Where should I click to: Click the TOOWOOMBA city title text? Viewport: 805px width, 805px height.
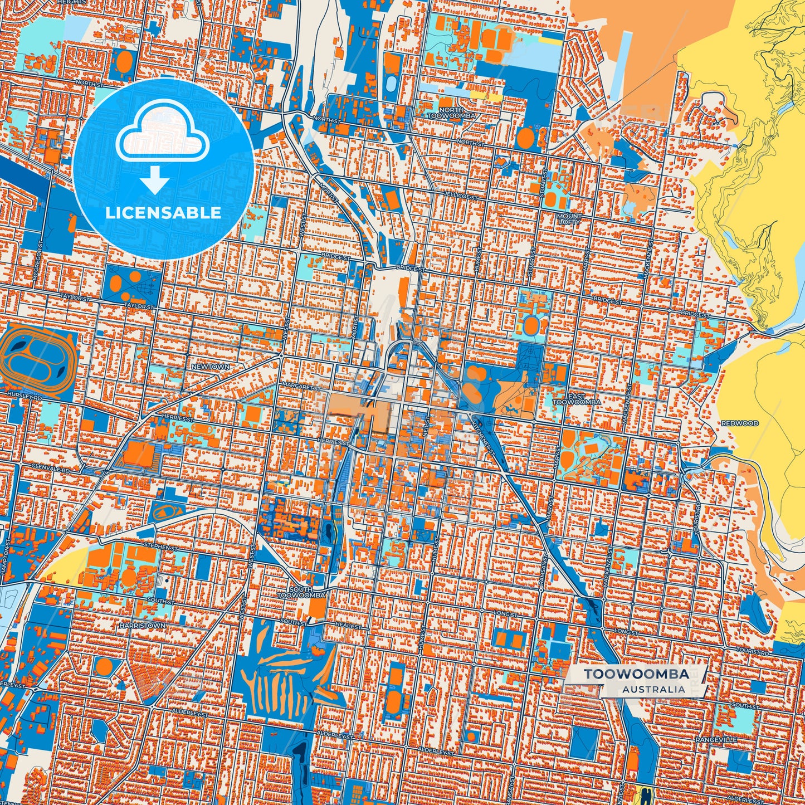coord(636,674)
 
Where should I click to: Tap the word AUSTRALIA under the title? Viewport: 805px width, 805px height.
coord(653,689)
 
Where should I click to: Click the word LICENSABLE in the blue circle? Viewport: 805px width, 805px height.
coord(163,213)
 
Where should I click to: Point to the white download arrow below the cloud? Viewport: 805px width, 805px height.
coord(155,180)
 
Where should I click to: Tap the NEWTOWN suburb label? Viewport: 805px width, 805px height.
coord(210,367)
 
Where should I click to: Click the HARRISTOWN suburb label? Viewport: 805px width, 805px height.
coord(142,626)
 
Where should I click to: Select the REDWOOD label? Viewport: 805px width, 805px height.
coord(739,423)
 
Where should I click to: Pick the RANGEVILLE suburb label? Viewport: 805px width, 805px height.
coord(716,739)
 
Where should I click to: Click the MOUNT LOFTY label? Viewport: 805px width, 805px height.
coord(568,219)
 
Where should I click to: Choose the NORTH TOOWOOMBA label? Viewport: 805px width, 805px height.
coord(451,113)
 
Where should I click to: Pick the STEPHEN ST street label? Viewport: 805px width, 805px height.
coord(160,547)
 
